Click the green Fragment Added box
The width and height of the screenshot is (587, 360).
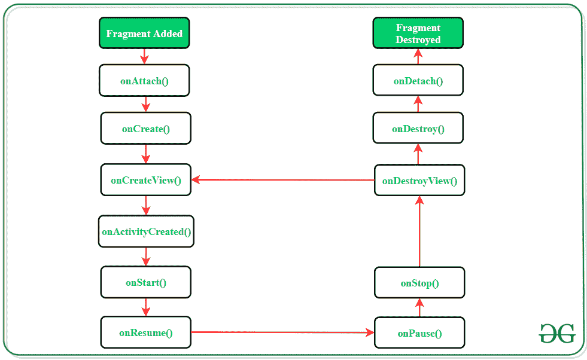point(144,33)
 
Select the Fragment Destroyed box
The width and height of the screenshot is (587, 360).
point(418,33)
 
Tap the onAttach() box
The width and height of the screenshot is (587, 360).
point(144,81)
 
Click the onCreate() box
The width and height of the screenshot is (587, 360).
point(146,129)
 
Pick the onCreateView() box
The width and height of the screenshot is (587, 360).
point(146,180)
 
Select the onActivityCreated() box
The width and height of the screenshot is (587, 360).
point(146,231)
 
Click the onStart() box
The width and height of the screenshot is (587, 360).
point(146,283)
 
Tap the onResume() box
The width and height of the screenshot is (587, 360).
point(146,333)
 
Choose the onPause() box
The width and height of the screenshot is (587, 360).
point(419,333)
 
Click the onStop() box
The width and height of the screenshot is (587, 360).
point(419,283)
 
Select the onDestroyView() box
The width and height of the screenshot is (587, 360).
point(419,181)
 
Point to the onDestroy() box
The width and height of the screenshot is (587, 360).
point(418,129)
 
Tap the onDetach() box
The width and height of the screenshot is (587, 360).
point(418,81)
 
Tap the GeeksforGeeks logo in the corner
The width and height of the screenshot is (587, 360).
point(556,332)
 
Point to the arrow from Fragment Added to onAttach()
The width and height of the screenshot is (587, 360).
point(144,56)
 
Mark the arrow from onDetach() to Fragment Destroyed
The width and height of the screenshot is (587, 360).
point(418,57)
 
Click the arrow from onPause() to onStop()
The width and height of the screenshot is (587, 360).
point(419,307)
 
